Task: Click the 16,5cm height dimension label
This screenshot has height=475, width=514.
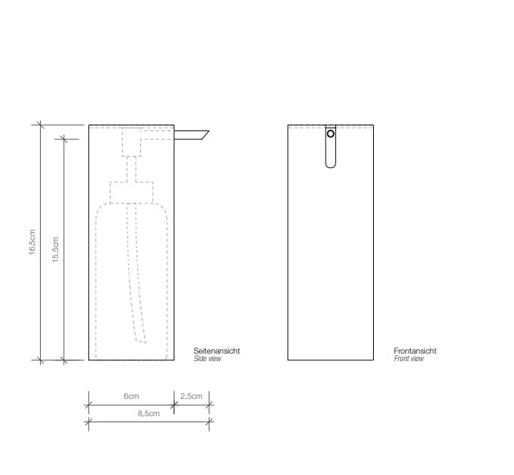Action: [x=32, y=241]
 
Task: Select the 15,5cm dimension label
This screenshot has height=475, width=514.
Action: [x=54, y=249]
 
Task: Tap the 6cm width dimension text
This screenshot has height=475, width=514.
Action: [x=131, y=396]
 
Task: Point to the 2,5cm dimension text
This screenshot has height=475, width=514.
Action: [x=191, y=396]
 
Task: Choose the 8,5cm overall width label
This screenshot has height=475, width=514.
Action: [x=148, y=413]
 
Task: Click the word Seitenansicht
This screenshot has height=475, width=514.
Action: [x=217, y=351]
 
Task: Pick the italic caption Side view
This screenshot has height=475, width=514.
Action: [x=208, y=359]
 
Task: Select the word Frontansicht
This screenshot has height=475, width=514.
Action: [x=415, y=351]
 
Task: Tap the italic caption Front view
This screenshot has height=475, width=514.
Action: [x=408, y=359]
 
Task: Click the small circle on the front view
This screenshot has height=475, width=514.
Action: [x=330, y=134]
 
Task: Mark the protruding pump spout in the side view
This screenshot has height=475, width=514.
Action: [x=191, y=136]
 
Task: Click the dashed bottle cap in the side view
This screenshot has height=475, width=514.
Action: [x=132, y=192]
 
